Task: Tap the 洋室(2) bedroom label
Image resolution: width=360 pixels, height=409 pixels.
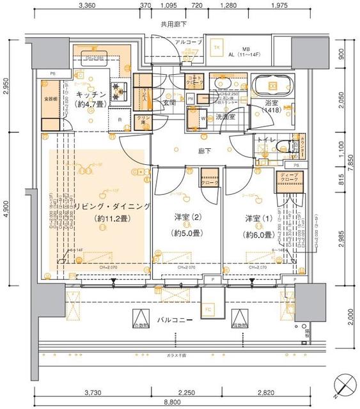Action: (x=187, y=219)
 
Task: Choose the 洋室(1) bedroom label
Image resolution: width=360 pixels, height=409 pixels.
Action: (x=258, y=219)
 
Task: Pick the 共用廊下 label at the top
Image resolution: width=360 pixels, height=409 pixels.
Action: (x=173, y=24)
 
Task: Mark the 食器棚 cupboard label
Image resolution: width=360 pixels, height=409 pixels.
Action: (x=51, y=99)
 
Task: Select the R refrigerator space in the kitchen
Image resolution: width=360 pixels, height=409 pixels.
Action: (x=120, y=119)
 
